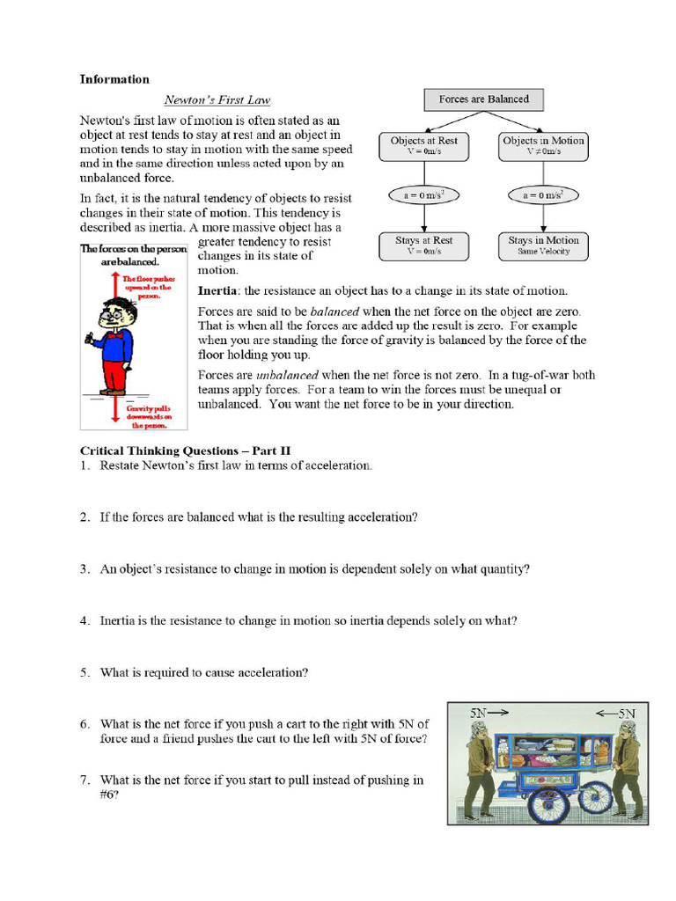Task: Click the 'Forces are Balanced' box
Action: (x=483, y=99)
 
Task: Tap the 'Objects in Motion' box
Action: (x=543, y=146)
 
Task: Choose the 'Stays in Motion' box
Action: (x=543, y=245)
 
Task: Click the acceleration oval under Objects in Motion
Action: (x=543, y=195)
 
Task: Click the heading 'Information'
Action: (x=114, y=79)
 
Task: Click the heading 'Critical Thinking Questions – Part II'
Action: (x=185, y=451)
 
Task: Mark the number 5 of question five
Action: (x=84, y=673)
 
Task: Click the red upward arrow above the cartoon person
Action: (x=114, y=286)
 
